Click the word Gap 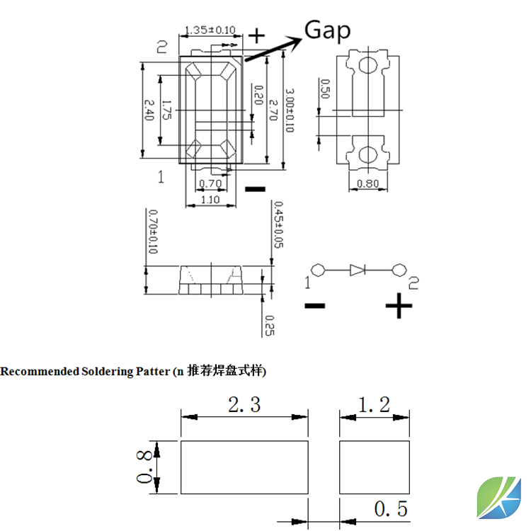tap(327, 30)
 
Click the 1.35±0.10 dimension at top tap(210, 30)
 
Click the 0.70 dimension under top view tap(210, 184)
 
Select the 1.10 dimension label tap(210, 200)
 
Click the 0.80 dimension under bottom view tap(367, 184)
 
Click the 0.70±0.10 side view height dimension tap(152, 232)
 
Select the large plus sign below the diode tap(399, 306)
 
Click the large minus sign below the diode tap(314, 306)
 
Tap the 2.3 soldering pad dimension tap(244, 405)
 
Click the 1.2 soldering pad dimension tap(375, 405)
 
